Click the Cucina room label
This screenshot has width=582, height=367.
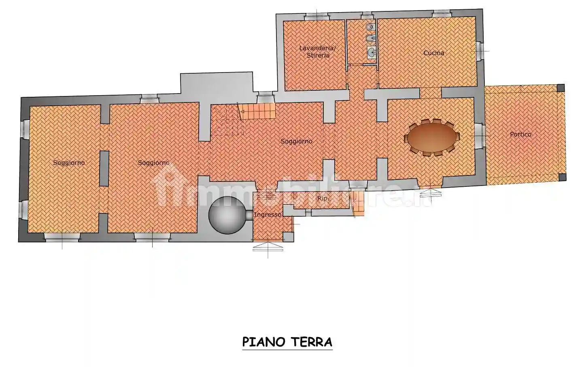(x=433, y=53)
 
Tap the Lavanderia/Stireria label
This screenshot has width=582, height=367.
(x=318, y=51)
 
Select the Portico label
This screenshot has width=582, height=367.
(x=520, y=134)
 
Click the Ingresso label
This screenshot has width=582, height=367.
(x=268, y=215)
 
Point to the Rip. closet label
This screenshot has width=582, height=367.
(x=323, y=198)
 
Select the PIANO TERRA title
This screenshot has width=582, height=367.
(x=287, y=342)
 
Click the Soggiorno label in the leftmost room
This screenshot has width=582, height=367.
(x=69, y=163)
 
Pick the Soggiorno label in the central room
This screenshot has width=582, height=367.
(x=297, y=141)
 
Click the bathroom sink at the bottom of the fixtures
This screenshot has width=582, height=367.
(x=371, y=52)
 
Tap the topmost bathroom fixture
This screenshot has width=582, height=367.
(x=370, y=27)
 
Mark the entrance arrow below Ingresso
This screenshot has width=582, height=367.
(x=268, y=245)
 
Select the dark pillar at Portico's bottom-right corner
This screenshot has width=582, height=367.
(x=562, y=177)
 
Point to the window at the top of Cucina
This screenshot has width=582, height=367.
(x=438, y=15)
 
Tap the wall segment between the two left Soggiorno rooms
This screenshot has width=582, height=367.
(x=104, y=169)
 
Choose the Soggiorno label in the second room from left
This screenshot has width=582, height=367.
(x=153, y=163)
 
